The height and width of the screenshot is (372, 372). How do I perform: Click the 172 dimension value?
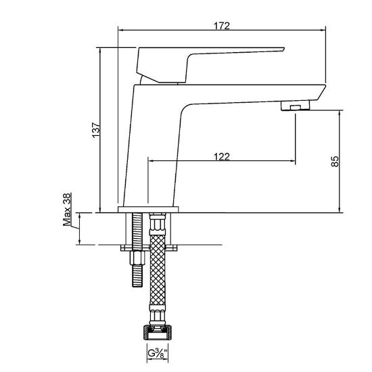(x=222, y=26)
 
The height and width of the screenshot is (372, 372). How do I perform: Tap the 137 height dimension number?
(x=96, y=130)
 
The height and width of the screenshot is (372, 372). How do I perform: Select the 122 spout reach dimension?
(x=222, y=157)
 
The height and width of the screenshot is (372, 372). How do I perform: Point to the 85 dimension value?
(x=335, y=162)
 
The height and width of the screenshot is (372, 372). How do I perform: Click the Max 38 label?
(x=67, y=210)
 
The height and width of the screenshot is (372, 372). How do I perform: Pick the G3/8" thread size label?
(x=158, y=353)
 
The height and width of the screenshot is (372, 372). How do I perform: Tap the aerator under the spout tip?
(x=296, y=106)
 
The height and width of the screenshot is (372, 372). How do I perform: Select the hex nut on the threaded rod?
(x=137, y=258)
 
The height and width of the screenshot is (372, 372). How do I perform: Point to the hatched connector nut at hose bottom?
(x=158, y=332)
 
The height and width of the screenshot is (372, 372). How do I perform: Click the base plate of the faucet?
(x=148, y=209)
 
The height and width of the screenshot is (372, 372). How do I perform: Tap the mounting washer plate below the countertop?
(x=149, y=248)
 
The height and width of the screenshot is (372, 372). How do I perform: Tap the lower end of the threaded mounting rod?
(x=137, y=287)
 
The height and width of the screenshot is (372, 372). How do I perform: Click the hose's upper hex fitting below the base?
(x=158, y=224)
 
